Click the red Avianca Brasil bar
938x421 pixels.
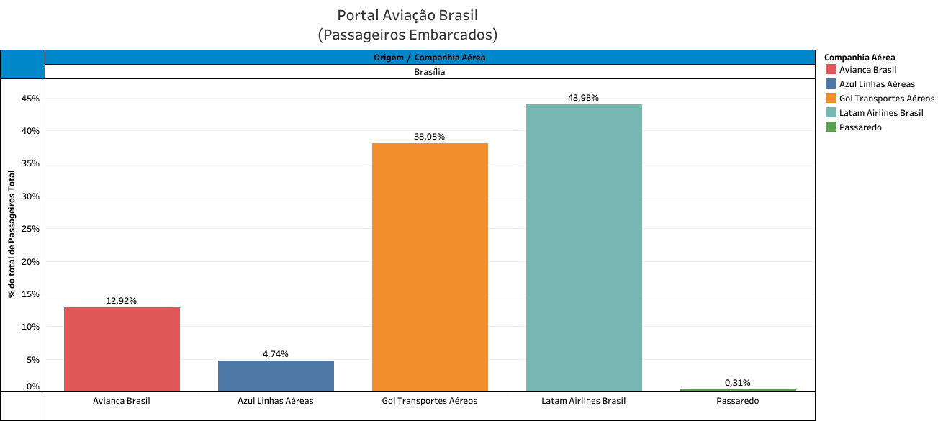(x=122, y=349)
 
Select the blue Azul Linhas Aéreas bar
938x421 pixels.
(x=276, y=375)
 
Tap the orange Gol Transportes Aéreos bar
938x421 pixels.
(x=430, y=266)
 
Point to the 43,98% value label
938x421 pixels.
(x=583, y=98)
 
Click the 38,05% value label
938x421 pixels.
(x=429, y=137)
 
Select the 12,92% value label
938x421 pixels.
(x=121, y=301)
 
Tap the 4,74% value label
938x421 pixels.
(x=275, y=354)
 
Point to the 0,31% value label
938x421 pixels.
(x=737, y=383)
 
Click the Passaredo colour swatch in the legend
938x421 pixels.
(x=831, y=127)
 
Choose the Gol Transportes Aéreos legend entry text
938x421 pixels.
(x=887, y=99)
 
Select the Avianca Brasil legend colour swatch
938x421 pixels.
(x=831, y=70)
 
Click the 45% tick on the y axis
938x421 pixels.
(x=30, y=99)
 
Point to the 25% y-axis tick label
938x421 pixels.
(x=30, y=229)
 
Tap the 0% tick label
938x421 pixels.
(x=33, y=387)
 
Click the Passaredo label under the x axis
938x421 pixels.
(x=738, y=401)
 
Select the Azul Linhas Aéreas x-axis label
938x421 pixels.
(x=276, y=401)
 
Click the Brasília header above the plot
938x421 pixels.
(x=430, y=72)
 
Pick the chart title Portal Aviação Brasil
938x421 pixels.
(x=407, y=16)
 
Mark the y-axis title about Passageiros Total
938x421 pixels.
(x=12, y=234)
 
